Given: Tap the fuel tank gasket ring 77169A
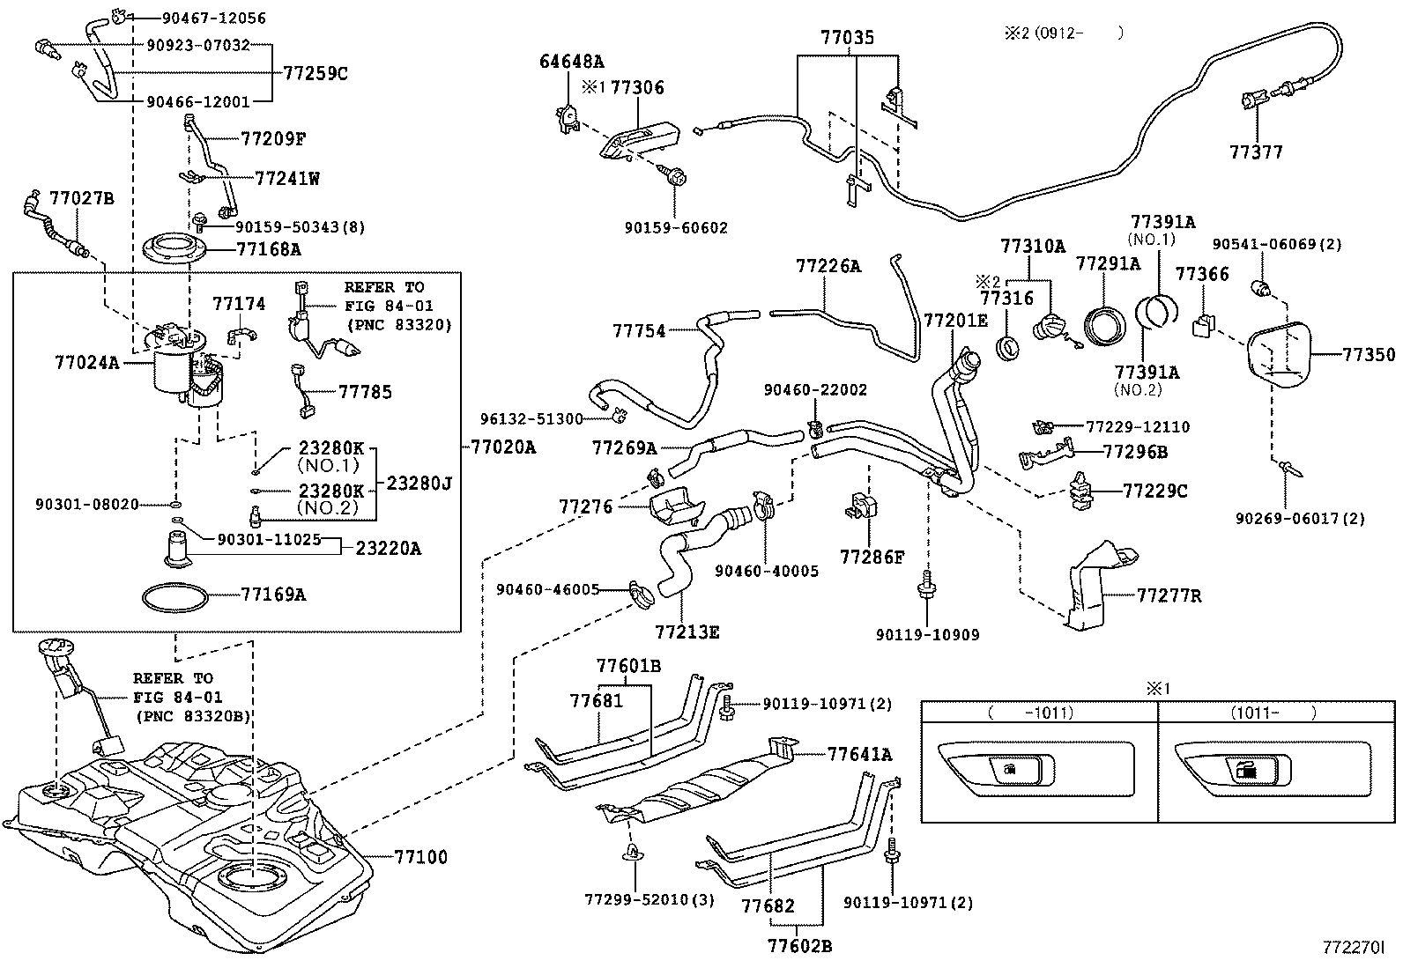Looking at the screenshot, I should pyautogui.click(x=177, y=596).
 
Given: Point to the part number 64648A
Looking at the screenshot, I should pyautogui.click(x=571, y=62).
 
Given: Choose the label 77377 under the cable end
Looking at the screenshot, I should pyautogui.click(x=1256, y=151).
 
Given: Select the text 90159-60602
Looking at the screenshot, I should pyautogui.click(x=676, y=227).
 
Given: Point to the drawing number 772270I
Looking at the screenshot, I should pyautogui.click(x=1353, y=948).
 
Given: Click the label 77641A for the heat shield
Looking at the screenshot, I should pyautogui.click(x=859, y=754).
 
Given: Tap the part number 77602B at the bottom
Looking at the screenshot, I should pyautogui.click(x=799, y=947).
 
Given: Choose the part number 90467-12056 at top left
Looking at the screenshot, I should pyautogui.click(x=214, y=18).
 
